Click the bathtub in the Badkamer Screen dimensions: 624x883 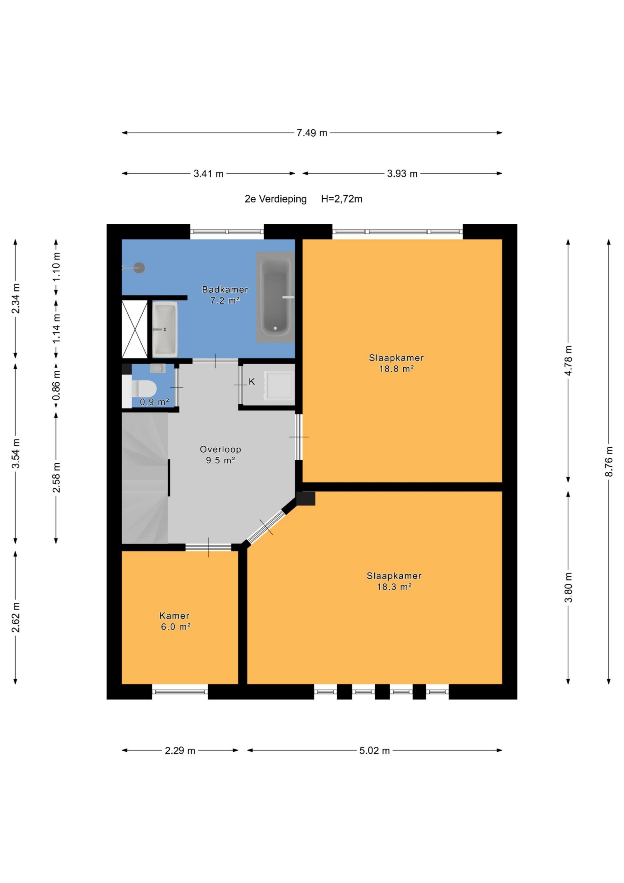[275, 297]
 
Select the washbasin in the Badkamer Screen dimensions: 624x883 [165, 329]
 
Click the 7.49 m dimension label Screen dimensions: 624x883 [312, 133]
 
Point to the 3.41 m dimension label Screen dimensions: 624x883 [208, 174]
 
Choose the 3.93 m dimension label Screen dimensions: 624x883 [402, 174]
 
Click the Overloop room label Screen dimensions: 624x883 [220, 449]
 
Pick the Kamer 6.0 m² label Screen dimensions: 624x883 [175, 621]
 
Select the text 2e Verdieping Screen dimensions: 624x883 [276, 199]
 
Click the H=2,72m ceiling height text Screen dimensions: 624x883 [342, 199]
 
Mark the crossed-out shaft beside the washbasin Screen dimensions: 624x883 [135, 329]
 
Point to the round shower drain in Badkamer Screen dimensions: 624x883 [139, 268]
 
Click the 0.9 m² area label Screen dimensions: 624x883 [154, 402]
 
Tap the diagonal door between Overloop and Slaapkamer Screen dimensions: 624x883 [266, 527]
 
